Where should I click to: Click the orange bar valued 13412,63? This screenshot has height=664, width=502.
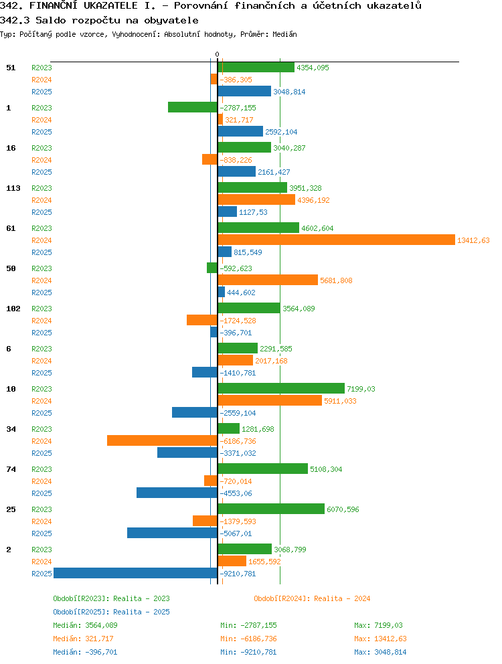pyautogui.click(x=337, y=240)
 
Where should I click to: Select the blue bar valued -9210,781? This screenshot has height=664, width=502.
pyautogui.click(x=136, y=574)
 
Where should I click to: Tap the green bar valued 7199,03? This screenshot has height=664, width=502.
pyautogui.click(x=281, y=389)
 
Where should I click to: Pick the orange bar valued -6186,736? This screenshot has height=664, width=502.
pyautogui.click(x=162, y=441)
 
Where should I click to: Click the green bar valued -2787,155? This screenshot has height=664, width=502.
pyautogui.click(x=193, y=108)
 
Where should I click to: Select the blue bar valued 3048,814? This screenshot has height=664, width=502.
pyautogui.click(x=244, y=92)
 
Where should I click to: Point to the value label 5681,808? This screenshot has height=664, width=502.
pyautogui.click(x=336, y=280)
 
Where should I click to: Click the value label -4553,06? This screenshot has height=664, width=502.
pyautogui.click(x=236, y=493)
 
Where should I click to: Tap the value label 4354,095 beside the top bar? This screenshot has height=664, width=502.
pyautogui.click(x=313, y=68)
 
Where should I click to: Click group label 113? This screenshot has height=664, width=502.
pyautogui.click(x=13, y=188)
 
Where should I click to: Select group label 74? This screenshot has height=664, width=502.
pyautogui.click(x=11, y=469)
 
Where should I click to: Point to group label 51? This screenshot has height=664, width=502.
pyautogui.click(x=11, y=68)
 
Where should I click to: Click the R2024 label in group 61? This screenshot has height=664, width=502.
pyautogui.click(x=41, y=240)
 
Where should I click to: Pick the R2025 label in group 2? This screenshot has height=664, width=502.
pyautogui.click(x=41, y=574)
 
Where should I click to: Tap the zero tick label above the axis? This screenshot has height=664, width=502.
pyautogui.click(x=218, y=55)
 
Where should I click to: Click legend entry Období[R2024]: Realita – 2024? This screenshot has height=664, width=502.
pyautogui.click(x=312, y=598)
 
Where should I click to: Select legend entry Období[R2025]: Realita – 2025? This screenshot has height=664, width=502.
pyautogui.click(x=111, y=612)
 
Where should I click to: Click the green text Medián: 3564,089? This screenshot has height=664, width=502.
pyautogui.click(x=85, y=625)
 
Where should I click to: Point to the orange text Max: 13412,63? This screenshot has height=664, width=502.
pyautogui.click(x=380, y=639)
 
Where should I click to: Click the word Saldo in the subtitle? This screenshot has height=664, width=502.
pyautogui.click(x=48, y=20)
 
